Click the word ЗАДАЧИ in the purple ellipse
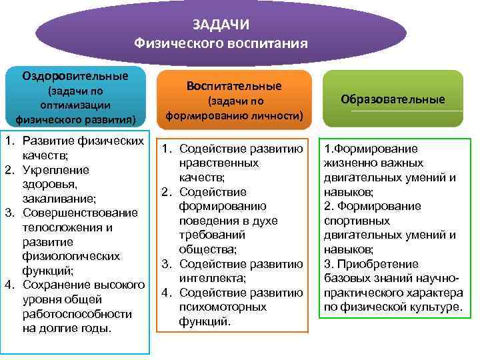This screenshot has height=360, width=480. [221, 25]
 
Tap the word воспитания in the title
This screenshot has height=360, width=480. [270, 44]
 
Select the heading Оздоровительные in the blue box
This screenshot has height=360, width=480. [75, 75]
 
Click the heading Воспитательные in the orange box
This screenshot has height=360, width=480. [235, 86]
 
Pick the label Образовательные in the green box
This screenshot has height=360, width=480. [393, 99]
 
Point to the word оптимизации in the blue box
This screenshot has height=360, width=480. [75, 105]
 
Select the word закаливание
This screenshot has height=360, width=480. [58, 198]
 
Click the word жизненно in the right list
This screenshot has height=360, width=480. [348, 163]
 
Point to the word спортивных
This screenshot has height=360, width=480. [353, 220]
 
